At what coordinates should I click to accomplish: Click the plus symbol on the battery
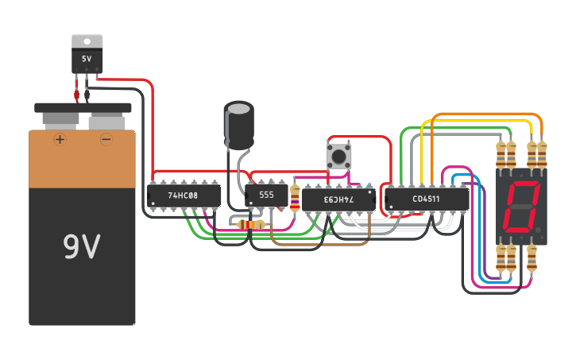click(x=60, y=140)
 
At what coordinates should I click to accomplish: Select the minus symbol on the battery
click(x=106, y=140)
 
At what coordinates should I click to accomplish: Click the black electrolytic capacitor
click(x=238, y=127)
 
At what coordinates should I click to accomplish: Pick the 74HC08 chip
click(x=184, y=195)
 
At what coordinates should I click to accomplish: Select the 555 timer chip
click(x=266, y=194)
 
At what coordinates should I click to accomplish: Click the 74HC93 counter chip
click(x=338, y=198)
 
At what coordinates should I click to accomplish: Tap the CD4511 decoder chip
click(x=426, y=198)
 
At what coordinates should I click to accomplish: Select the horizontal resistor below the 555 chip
click(x=252, y=225)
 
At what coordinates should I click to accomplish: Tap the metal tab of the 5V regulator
click(x=87, y=41)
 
